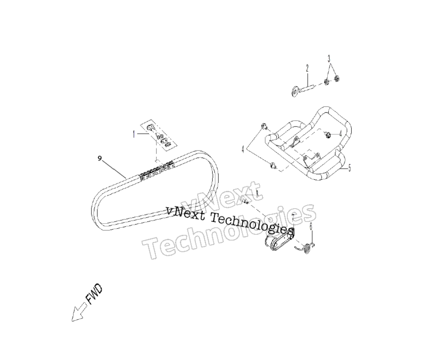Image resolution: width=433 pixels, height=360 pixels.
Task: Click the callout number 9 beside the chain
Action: click(x=99, y=158)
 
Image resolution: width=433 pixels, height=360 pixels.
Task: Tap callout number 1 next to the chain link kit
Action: click(x=134, y=135)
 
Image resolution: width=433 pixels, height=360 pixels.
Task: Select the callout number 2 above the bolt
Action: click(x=307, y=68)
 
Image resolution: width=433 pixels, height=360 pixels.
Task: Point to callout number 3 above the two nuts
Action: click(x=329, y=59)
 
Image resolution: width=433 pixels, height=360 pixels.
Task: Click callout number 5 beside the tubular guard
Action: click(x=350, y=168)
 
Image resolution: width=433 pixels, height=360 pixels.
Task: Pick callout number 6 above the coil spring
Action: click(x=311, y=226)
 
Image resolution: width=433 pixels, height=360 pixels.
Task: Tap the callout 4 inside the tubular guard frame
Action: click(x=341, y=134)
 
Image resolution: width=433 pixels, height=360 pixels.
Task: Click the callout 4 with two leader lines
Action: click(x=243, y=150)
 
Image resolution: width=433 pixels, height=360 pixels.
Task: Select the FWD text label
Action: click(x=94, y=294)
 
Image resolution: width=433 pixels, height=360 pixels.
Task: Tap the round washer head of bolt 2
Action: click(x=295, y=91)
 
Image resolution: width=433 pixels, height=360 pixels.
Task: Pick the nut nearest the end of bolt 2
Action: click(x=326, y=82)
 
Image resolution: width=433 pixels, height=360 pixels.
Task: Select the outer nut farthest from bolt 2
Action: click(x=336, y=79)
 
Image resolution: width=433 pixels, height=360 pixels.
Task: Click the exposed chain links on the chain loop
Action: click(x=156, y=171)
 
